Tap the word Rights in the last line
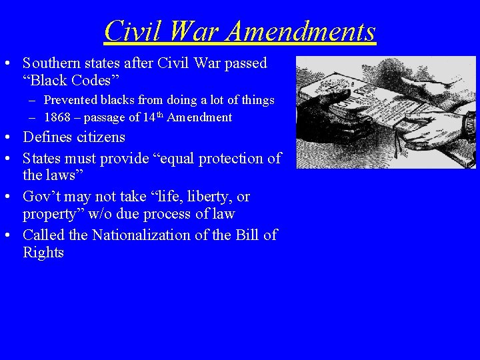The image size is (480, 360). coord(43,253)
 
